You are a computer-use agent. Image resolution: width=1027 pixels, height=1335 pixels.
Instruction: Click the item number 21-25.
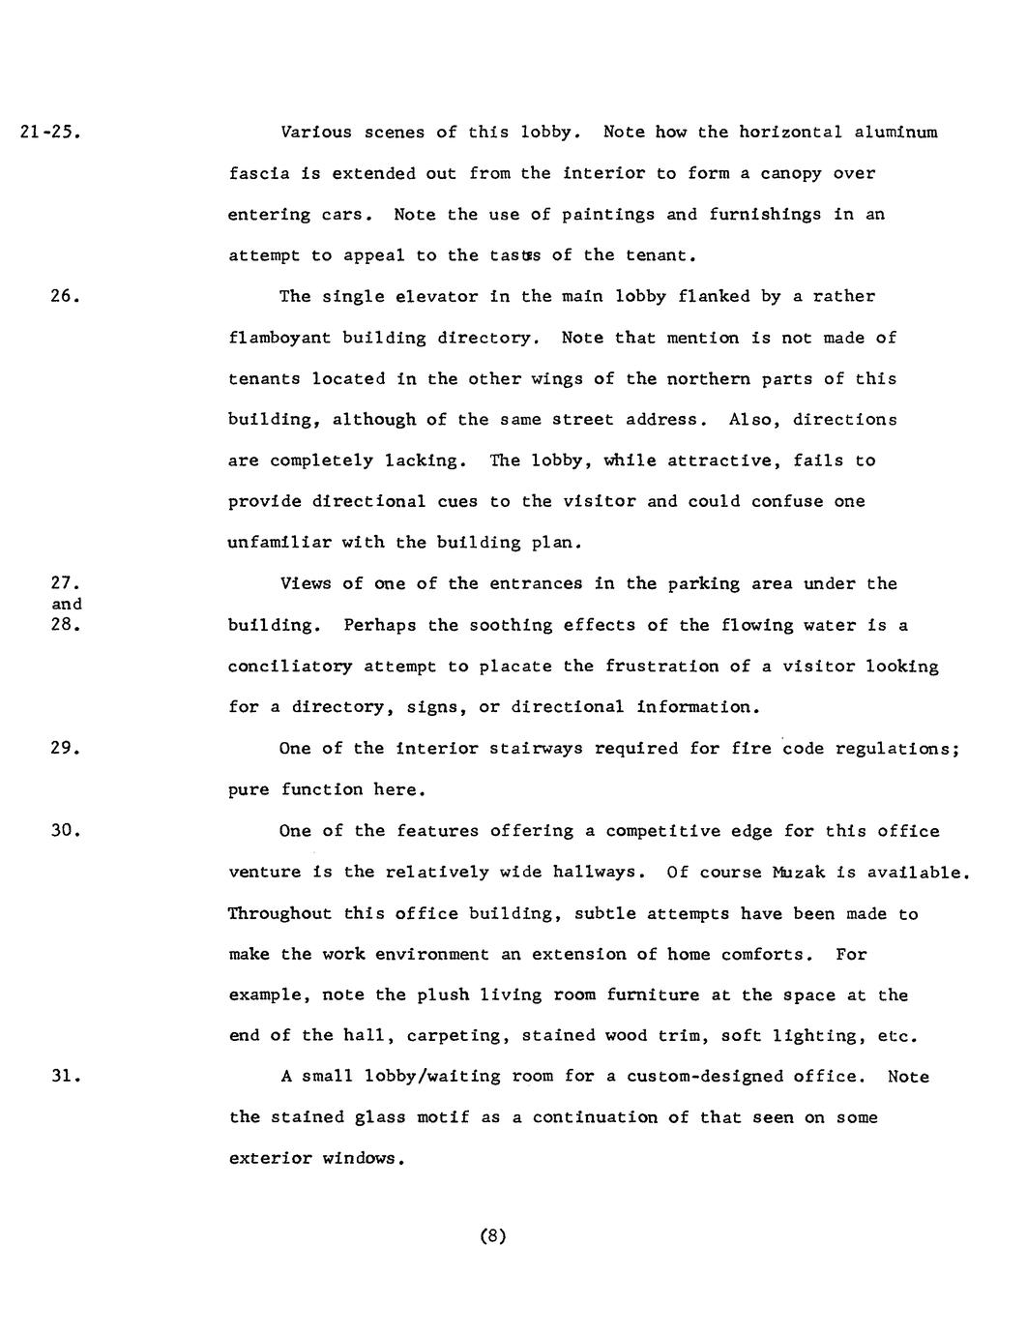coord(48,133)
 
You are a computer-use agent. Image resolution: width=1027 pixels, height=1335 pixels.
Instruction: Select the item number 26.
coord(64,297)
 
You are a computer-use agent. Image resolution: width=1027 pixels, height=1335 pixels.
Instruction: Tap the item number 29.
coord(64,749)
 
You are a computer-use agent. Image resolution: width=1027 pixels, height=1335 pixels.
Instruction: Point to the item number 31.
coord(64,1077)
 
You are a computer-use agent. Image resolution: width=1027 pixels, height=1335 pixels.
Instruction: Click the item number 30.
coord(64,831)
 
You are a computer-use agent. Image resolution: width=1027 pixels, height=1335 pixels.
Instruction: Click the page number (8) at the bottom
coord(493,1235)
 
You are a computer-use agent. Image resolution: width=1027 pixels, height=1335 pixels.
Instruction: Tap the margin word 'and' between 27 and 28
coord(66,605)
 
